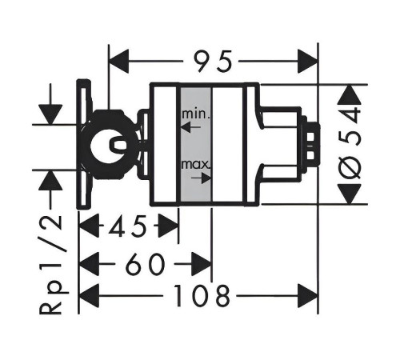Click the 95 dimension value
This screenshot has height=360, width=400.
point(213,62)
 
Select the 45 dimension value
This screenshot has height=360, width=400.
point(127,226)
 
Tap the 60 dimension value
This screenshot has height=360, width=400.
point(145,264)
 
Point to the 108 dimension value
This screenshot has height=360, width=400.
point(202,296)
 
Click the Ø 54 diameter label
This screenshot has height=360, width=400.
point(350,145)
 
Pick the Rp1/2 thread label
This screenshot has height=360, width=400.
point(50,265)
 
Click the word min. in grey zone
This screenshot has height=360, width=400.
point(196,114)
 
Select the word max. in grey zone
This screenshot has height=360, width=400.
point(196,165)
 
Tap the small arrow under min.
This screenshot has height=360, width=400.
point(190,127)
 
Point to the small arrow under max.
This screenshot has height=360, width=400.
point(202,178)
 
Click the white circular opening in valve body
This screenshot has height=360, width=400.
point(106,145)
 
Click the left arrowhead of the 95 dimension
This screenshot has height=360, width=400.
point(119,62)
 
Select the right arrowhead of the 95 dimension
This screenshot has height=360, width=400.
point(308,62)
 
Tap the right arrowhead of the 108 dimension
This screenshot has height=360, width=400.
point(308,296)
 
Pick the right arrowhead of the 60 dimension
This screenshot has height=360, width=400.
point(202,264)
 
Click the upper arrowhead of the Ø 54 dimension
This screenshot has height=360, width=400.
point(350,94)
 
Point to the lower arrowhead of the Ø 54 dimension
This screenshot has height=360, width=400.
point(350,194)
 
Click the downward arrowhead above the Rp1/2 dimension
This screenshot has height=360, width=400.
point(50,114)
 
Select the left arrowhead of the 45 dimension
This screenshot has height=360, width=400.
point(90,226)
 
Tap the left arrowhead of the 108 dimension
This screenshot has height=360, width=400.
point(90,296)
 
